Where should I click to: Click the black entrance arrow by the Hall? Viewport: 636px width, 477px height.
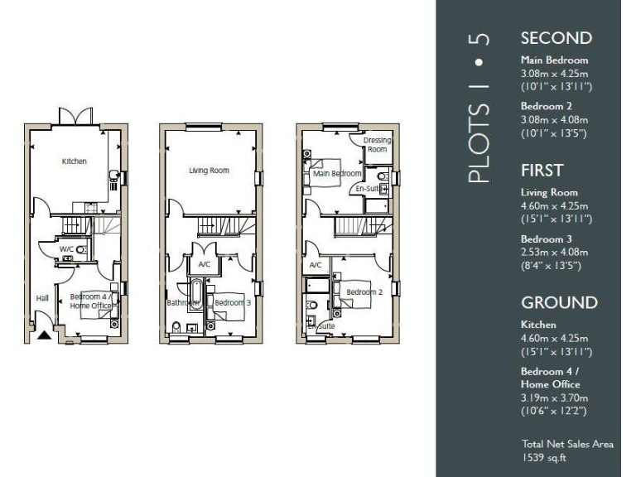44,335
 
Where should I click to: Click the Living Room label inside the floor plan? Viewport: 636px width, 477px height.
209,171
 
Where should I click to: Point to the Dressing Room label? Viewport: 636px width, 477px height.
378,145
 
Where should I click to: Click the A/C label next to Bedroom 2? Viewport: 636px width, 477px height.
315,265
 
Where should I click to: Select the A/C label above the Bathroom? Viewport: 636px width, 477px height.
204,265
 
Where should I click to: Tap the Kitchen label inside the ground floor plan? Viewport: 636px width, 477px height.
75,161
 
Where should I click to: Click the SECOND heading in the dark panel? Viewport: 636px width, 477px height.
556,38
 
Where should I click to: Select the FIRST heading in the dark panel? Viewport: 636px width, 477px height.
542,171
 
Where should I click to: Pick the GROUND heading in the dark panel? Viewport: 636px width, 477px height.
559,302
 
